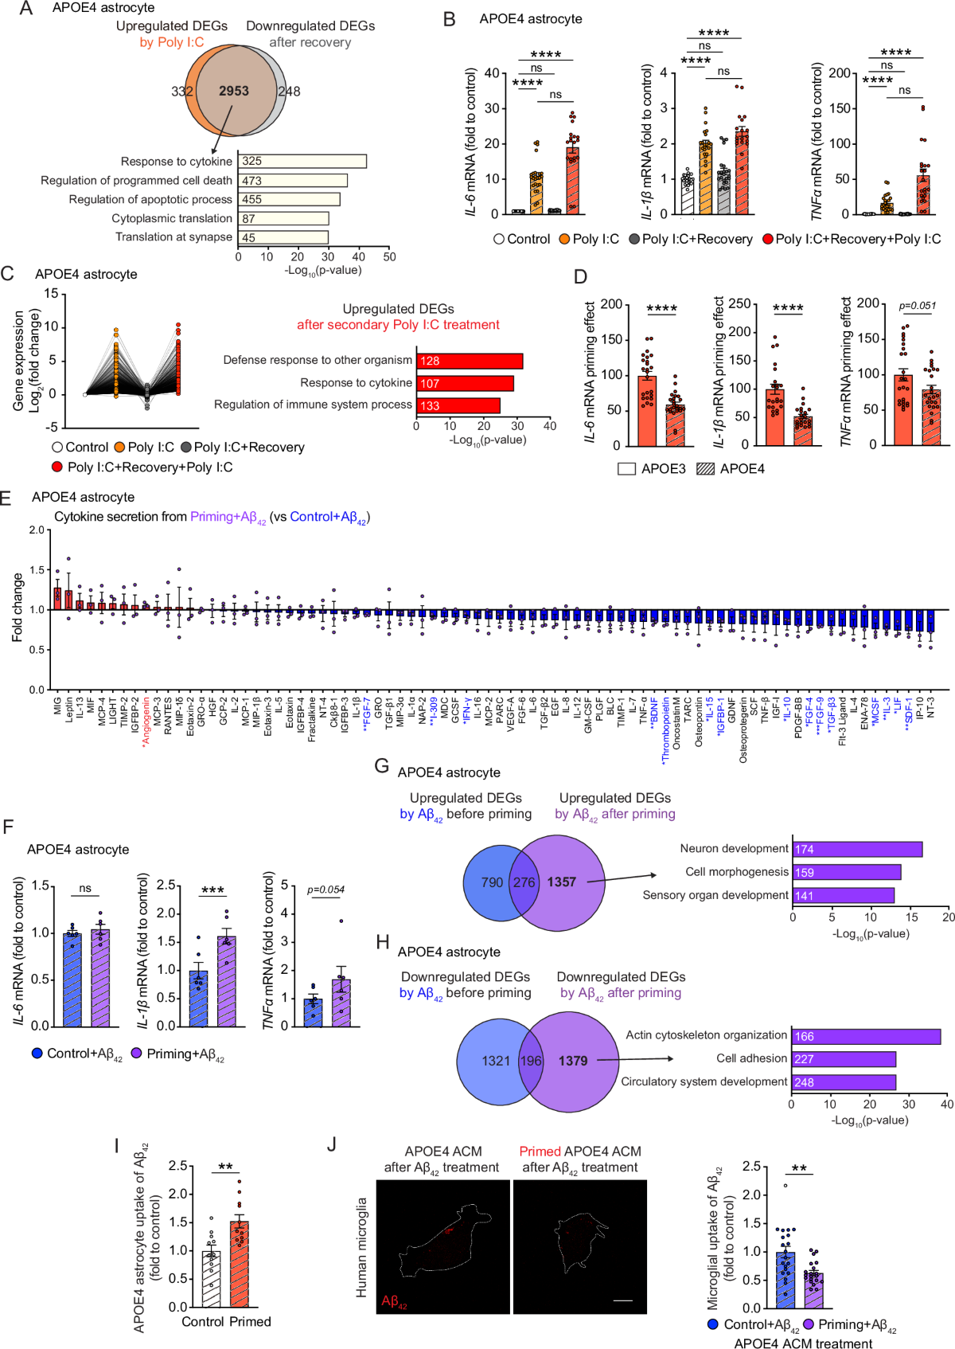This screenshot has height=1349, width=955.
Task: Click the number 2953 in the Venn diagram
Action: coord(234,91)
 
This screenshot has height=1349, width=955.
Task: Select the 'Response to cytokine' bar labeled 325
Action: coord(302,161)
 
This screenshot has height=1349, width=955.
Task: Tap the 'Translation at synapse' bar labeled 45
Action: coord(283,237)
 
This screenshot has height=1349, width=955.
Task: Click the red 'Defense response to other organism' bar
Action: coord(470,361)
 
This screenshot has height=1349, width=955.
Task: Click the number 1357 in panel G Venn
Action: coord(561,882)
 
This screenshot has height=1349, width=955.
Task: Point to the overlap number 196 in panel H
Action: coord(531,1061)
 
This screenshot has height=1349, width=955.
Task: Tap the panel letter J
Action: coord(332,1144)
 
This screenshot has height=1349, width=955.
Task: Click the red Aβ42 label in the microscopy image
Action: coord(394,1301)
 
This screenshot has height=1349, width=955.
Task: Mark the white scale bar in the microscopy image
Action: coord(623,1300)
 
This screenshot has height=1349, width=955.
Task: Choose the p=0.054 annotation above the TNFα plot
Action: coord(326,890)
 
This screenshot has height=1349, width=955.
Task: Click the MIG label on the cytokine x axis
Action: coord(57,706)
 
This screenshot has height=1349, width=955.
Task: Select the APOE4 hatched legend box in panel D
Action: coord(705,469)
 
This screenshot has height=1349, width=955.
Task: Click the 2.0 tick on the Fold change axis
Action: coord(37,530)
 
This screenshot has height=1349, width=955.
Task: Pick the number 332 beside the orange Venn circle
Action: coord(182,92)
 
